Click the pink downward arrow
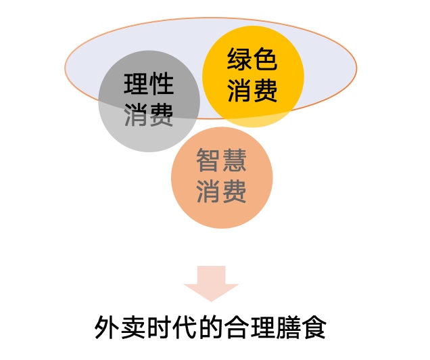(x=212, y=283)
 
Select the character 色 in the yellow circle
(x=265, y=59)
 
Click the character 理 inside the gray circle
(x=136, y=83)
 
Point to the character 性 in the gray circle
(x=162, y=83)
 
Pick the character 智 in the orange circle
(x=208, y=160)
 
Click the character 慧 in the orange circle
(x=234, y=160)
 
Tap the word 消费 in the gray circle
(x=149, y=114)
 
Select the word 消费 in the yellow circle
(x=252, y=90)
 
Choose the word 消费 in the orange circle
(x=221, y=192)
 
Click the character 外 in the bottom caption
(x=107, y=327)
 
